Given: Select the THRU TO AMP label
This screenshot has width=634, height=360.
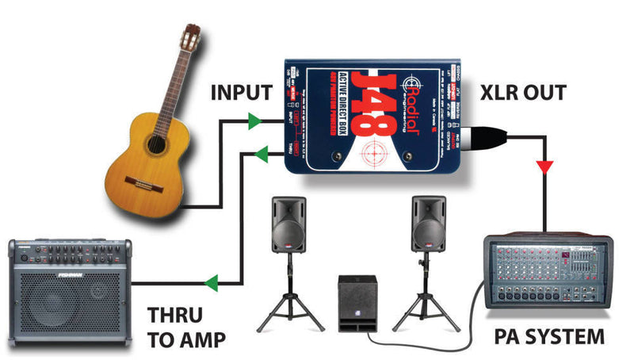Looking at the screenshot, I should [x=187, y=327].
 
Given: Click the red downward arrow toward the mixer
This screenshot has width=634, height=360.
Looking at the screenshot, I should [x=544, y=167].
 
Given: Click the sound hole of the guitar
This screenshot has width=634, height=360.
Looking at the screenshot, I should [x=156, y=145].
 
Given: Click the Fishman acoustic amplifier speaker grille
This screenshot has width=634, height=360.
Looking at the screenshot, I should [x=67, y=301].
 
